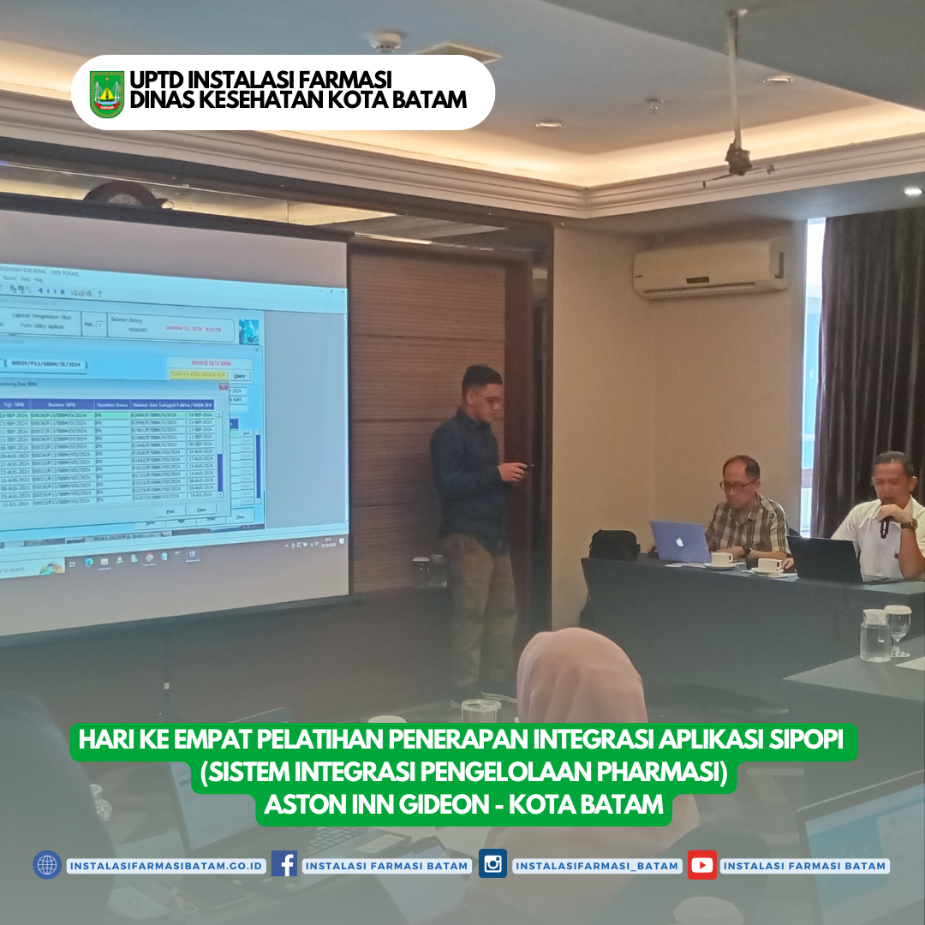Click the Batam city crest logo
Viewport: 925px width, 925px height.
click(x=107, y=93)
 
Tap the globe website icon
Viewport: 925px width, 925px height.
click(x=47, y=864)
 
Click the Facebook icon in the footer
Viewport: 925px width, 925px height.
click(x=284, y=864)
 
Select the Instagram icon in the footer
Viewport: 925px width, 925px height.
click(x=492, y=864)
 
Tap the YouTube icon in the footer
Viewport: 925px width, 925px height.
click(x=702, y=864)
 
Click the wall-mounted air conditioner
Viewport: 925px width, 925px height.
click(x=711, y=268)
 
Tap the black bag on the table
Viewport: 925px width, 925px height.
click(x=614, y=545)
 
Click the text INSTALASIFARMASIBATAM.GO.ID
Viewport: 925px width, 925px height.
click(x=166, y=866)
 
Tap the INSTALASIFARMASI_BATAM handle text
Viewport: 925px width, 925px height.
click(x=597, y=866)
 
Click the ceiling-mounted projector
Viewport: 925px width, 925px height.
click(x=737, y=158)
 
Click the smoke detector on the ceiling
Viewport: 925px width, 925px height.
click(x=385, y=40)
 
